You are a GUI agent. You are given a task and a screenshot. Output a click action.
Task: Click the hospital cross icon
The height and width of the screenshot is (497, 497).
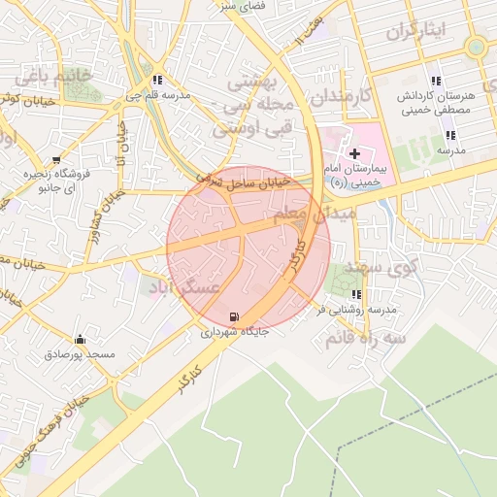click(355, 153)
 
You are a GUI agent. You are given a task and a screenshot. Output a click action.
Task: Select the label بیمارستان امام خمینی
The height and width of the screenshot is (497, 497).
click(356, 175)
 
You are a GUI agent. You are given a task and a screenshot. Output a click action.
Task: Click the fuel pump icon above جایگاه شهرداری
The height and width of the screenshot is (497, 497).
click(234, 316)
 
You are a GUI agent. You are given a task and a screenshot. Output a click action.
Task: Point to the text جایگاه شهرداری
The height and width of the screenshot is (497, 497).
click(234, 332)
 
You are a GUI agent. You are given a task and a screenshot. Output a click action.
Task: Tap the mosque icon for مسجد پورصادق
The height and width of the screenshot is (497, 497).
click(80, 340)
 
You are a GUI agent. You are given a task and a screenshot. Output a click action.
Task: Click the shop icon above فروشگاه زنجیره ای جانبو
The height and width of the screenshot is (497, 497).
click(56, 159)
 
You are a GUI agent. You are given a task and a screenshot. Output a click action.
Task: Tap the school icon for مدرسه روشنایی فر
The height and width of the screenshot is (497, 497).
click(357, 294)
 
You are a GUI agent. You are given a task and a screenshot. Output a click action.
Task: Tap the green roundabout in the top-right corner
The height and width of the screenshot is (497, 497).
click(475, 47)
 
